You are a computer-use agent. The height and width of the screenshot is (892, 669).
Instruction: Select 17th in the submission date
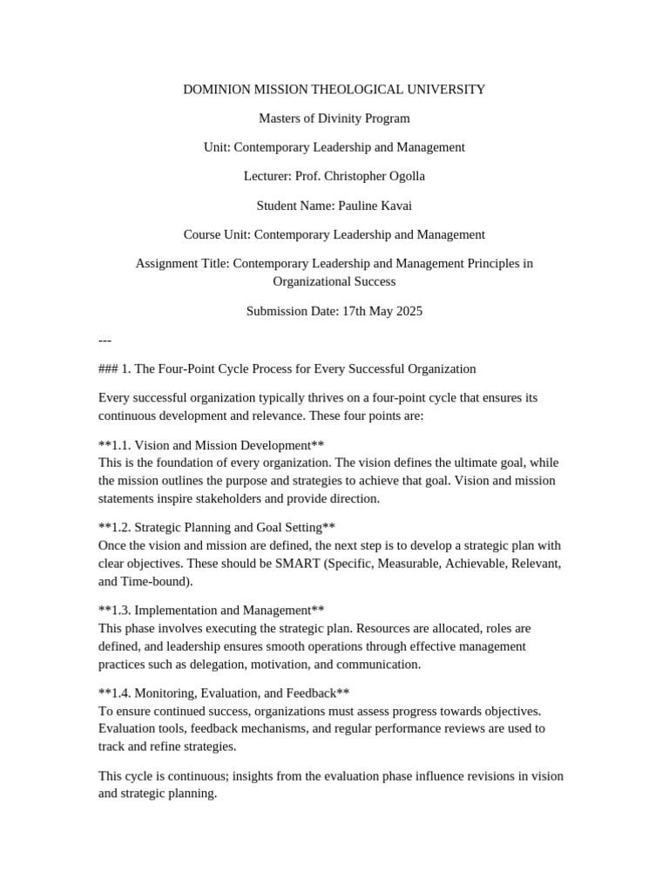coord(352,310)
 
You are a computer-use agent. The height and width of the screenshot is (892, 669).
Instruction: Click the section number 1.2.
coord(120,527)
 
